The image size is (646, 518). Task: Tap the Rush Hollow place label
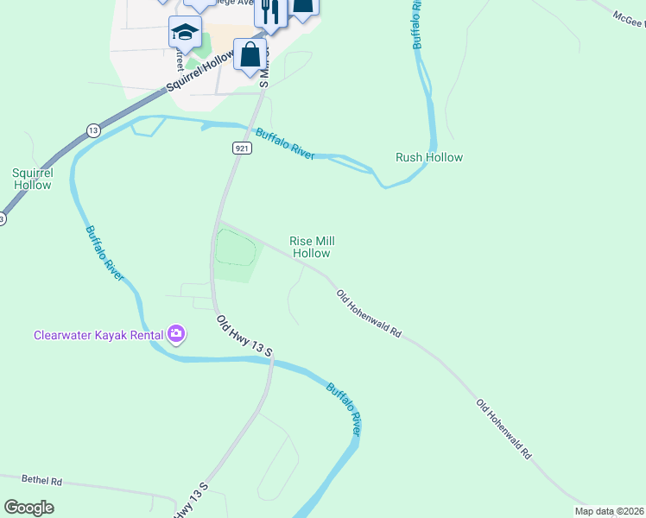(x=429, y=157)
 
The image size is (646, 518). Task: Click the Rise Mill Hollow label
(x=312, y=248)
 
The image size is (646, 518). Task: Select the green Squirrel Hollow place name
(x=33, y=179)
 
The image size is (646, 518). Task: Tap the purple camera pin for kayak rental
(x=176, y=333)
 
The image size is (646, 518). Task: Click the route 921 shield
(x=242, y=148)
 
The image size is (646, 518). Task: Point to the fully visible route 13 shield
(x=93, y=130)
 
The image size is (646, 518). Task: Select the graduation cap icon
(x=184, y=33)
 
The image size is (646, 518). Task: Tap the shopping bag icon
(x=250, y=54)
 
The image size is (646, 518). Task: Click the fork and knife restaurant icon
(x=269, y=12)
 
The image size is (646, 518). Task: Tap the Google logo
(x=28, y=508)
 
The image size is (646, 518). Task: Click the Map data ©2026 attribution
(x=609, y=511)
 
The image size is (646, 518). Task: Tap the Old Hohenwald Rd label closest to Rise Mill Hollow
(x=370, y=313)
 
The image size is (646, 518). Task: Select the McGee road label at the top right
(x=628, y=18)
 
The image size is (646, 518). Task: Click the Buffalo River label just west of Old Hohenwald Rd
(x=343, y=408)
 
